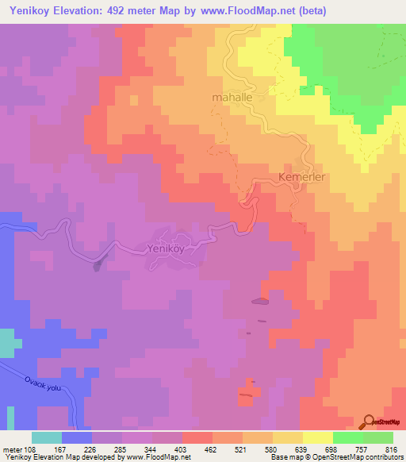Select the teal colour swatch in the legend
click(46, 437)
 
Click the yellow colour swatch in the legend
click(317, 437)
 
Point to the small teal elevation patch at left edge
click(6, 341)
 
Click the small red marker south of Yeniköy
click(247, 394)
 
